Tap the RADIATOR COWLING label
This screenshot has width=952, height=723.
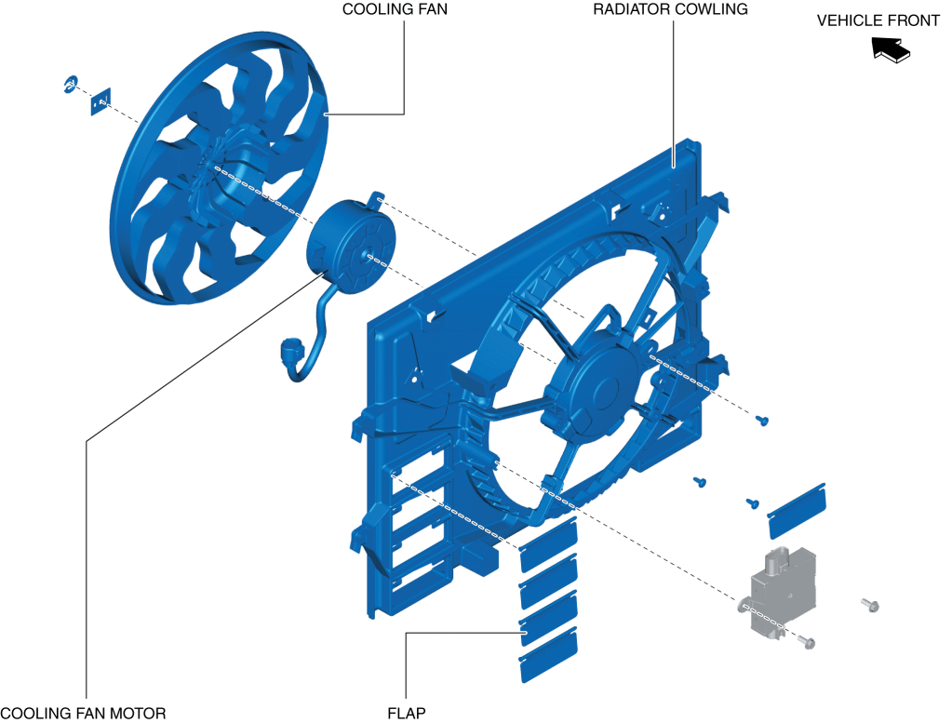point(670,9)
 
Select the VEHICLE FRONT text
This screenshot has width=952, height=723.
point(878,20)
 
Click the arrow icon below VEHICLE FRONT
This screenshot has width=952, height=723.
point(891,50)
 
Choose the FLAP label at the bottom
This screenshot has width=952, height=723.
point(406,714)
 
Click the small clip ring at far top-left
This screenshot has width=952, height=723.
point(69,85)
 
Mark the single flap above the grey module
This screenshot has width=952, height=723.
point(798,511)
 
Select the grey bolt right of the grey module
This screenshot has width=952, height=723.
point(871,606)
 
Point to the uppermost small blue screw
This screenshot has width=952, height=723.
point(763,421)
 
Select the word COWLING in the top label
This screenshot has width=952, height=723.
point(711,9)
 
